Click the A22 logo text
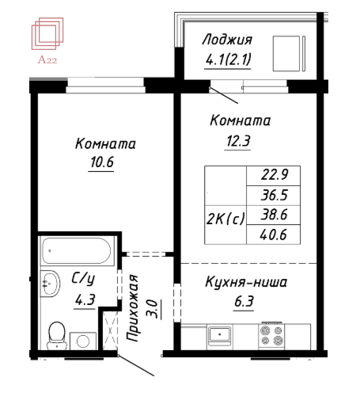click(x=47, y=60)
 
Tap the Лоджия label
click(x=227, y=40)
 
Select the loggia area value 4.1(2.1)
click(x=228, y=59)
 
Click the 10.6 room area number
click(x=102, y=162)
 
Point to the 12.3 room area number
click(x=238, y=141)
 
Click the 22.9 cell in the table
click(x=275, y=174)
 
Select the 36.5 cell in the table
click(x=275, y=195)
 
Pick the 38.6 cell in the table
click(x=275, y=215)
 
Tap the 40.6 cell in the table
click(x=274, y=234)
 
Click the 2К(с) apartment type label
click(x=225, y=219)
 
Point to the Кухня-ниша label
click(x=246, y=282)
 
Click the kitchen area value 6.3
click(x=244, y=301)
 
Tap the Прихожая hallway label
click(x=132, y=308)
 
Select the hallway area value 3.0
click(x=152, y=309)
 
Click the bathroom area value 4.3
click(x=85, y=299)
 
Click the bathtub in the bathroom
click(x=76, y=251)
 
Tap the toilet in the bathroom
click(x=57, y=335)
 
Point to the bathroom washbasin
click(x=50, y=284)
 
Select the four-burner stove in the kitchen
click(x=271, y=335)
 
